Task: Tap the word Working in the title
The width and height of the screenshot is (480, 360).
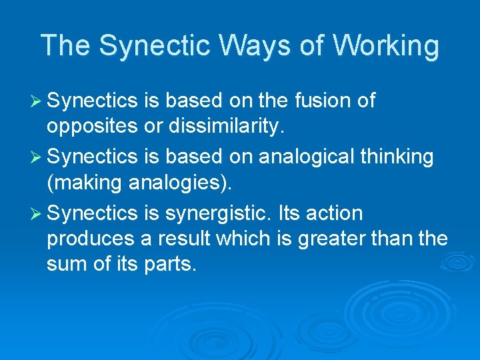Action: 387,46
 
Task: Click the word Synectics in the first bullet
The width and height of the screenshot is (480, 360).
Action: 93,101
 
